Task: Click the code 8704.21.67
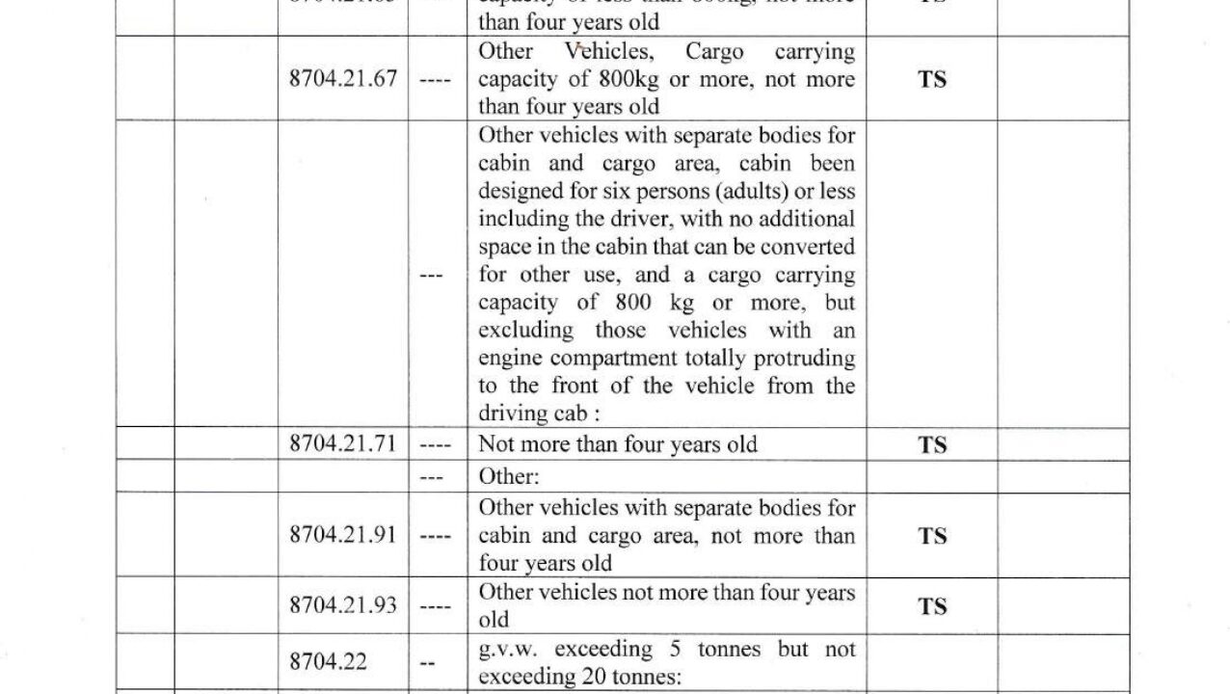[342, 79]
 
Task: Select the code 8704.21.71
[342, 444]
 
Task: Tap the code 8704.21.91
[342, 535]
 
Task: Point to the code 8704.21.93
[342, 605]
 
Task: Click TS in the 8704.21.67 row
[932, 79]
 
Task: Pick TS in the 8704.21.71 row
[932, 445]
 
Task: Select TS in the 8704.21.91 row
[932, 536]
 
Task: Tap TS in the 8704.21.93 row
[932, 606]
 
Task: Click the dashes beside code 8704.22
[428, 663]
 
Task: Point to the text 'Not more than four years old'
[617, 444]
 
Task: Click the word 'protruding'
[806, 359]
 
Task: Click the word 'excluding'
[524, 331]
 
